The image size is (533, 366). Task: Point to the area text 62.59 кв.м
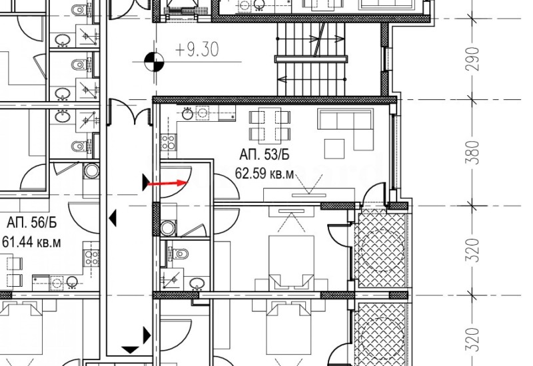click(x=265, y=174)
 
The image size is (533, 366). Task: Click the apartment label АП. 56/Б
click(x=31, y=222)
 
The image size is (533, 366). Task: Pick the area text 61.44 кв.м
click(x=31, y=242)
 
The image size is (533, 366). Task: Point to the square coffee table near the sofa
click(x=334, y=146)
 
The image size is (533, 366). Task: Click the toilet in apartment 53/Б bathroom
click(x=181, y=254)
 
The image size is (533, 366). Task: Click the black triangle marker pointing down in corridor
click(x=131, y=348)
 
